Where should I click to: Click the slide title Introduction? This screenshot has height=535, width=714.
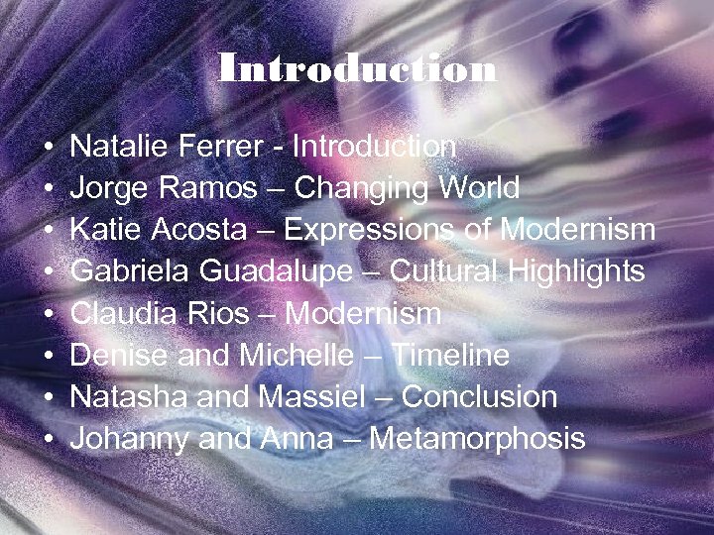point(357,70)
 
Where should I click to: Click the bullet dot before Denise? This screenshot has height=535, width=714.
point(49,357)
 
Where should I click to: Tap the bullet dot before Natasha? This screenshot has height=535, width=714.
point(49,398)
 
